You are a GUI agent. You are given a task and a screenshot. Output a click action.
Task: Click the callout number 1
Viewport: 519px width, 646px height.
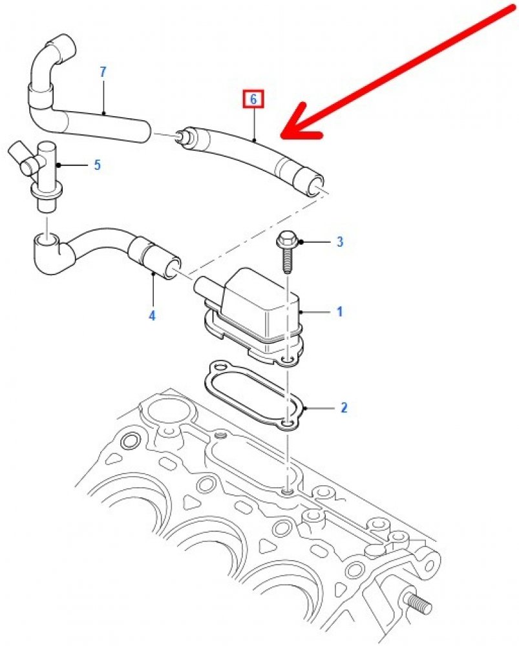(x=339, y=312)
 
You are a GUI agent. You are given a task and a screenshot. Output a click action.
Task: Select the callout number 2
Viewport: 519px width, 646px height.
(x=344, y=408)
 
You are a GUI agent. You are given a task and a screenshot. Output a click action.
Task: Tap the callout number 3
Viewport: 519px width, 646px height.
(x=340, y=242)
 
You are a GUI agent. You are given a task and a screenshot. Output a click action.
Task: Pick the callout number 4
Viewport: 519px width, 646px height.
(x=152, y=316)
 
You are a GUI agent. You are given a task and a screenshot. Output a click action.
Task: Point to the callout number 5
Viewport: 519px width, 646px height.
(x=97, y=165)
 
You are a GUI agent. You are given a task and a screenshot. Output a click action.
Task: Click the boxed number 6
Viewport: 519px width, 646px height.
(x=253, y=99)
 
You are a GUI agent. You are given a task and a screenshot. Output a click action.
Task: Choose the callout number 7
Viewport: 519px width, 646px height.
(x=103, y=72)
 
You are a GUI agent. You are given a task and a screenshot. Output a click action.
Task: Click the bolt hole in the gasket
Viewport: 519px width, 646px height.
(x=287, y=424)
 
